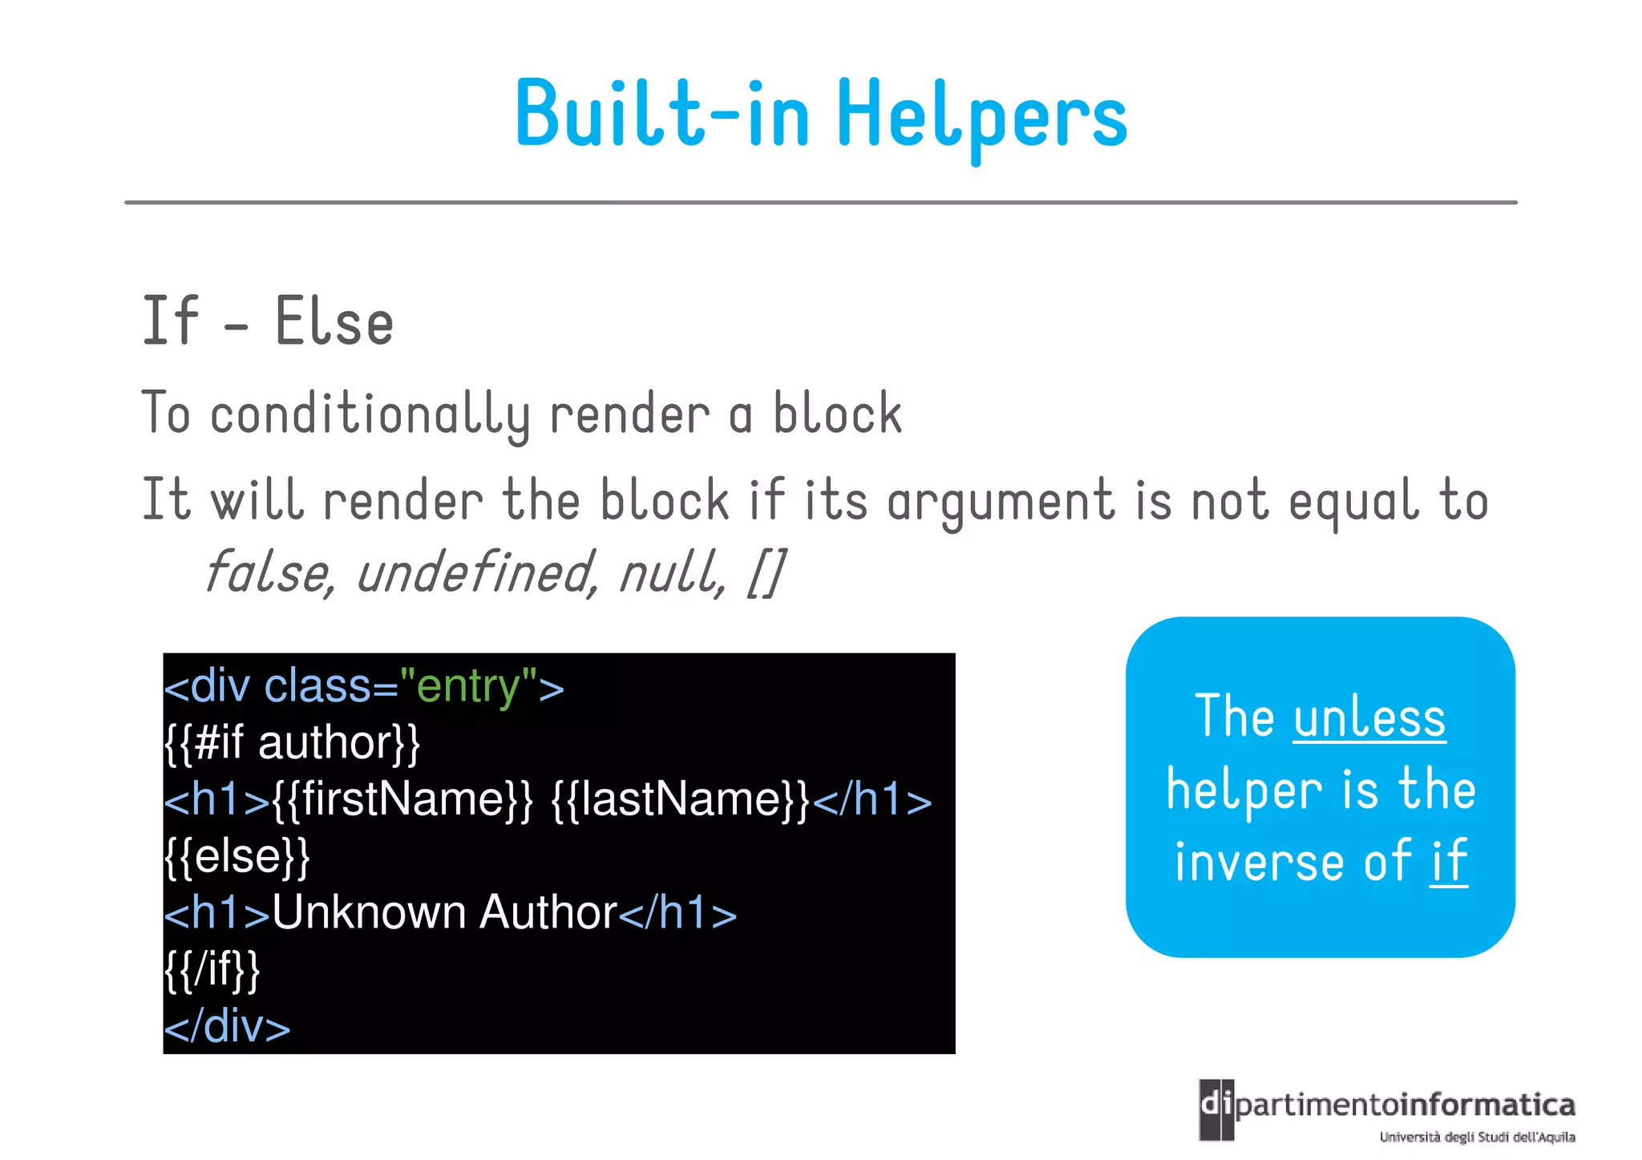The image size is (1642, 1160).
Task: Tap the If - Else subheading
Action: tap(268, 321)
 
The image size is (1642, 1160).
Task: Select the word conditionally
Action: tap(370, 415)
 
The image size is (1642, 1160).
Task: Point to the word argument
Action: tap(1001, 502)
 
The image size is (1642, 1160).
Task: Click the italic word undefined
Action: tap(475, 573)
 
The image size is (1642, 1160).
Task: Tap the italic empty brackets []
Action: tap(766, 573)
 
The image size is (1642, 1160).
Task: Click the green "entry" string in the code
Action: tap(468, 687)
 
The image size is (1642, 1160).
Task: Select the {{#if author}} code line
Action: tap(292, 742)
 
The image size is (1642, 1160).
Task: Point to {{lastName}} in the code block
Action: tap(681, 799)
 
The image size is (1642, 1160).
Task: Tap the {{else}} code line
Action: tap(237, 855)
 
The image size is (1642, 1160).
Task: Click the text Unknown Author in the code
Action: tap(445, 912)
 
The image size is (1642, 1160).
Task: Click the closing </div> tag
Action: tap(228, 1026)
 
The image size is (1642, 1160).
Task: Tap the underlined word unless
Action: tap(1369, 717)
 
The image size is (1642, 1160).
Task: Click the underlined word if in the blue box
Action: tap(1449, 862)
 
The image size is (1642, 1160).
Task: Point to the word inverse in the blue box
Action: tap(1259, 862)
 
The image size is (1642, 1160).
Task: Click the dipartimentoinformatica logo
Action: tap(1387, 1110)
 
